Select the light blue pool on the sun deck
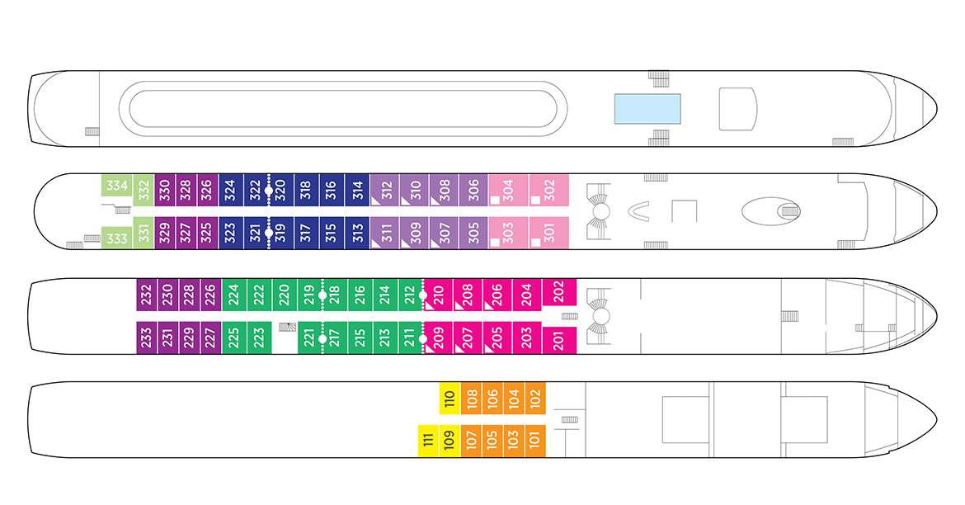(x=647, y=111)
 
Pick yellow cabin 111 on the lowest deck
(x=428, y=441)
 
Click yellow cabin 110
(x=449, y=399)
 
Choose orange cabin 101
(x=534, y=441)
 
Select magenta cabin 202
(x=558, y=290)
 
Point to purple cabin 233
(x=146, y=337)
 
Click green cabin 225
(x=233, y=337)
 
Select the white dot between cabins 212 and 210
(x=422, y=295)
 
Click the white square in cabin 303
(x=495, y=243)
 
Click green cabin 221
(x=309, y=337)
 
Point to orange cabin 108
(x=471, y=399)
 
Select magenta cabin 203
(x=526, y=337)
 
